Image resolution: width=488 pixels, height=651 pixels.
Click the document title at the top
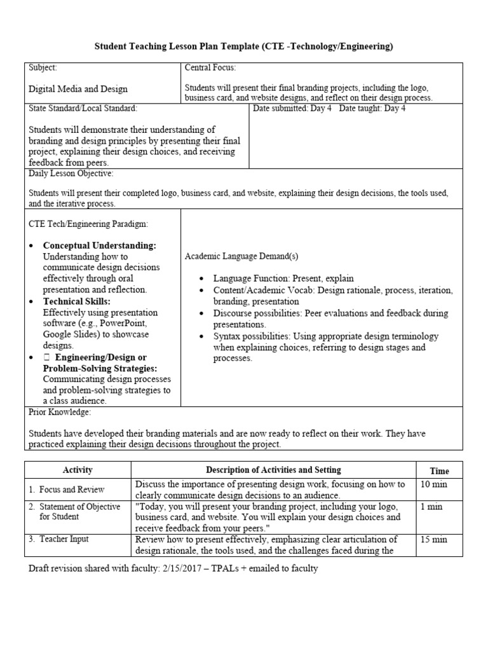[244, 46]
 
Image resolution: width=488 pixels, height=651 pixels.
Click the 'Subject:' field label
[43, 67]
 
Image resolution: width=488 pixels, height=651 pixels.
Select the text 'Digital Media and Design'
[78, 89]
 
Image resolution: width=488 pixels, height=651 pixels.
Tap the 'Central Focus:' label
[210, 67]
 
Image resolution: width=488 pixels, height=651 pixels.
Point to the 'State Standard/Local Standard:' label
[83, 109]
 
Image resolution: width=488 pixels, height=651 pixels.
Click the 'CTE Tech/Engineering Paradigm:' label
[88, 224]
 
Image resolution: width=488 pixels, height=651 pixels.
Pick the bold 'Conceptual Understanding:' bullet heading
[100, 245]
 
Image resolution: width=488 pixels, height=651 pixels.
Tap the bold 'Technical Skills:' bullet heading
[77, 301]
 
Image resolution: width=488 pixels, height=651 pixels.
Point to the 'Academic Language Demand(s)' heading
[241, 256]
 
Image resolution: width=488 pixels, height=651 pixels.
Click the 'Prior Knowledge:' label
[60, 412]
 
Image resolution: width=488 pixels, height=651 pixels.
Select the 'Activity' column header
[78, 470]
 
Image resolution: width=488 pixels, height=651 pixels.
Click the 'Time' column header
[439, 471]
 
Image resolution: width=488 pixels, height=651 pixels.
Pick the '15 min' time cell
[434, 540]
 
